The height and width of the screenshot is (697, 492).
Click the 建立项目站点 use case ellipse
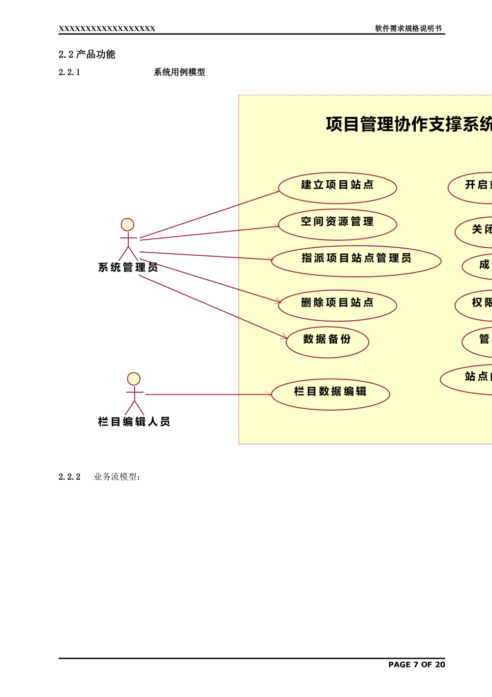click(338, 188)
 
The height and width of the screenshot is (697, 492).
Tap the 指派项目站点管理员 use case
click(356, 261)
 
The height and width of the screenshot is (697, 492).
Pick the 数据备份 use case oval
click(327, 341)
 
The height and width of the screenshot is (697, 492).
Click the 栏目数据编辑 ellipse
click(331, 394)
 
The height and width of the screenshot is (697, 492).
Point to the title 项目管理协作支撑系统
click(408, 124)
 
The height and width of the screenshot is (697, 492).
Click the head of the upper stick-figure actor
click(127, 225)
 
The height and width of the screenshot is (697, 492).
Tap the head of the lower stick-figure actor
click(134, 378)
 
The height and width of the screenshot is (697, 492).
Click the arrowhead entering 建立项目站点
click(277, 192)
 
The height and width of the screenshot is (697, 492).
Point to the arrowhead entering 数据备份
click(284, 337)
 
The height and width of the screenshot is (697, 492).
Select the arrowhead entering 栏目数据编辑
click(269, 394)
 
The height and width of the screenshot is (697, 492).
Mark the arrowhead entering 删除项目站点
click(278, 301)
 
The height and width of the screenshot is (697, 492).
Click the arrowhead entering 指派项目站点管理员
click(270, 260)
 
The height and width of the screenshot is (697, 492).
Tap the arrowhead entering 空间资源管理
click(277, 227)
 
